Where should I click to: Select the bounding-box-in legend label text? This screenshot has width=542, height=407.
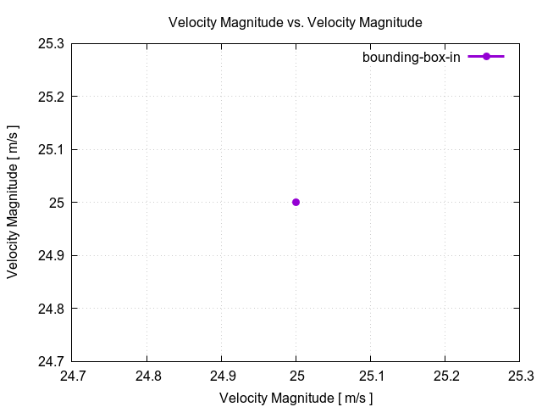click(411, 57)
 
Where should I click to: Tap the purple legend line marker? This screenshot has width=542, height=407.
click(486, 57)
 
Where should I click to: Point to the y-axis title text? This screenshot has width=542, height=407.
click(13, 202)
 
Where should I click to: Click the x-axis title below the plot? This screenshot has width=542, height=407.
click(296, 397)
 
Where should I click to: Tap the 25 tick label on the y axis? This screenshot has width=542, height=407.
click(57, 203)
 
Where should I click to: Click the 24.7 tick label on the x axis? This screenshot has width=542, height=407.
click(72, 375)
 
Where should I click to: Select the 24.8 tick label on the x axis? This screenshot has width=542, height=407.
click(147, 375)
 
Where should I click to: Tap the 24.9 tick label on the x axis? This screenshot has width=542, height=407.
click(222, 375)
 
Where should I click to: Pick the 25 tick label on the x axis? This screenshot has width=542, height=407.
click(296, 375)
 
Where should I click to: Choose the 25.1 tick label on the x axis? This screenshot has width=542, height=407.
click(371, 375)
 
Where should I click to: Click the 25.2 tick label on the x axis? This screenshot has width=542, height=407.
click(445, 375)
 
